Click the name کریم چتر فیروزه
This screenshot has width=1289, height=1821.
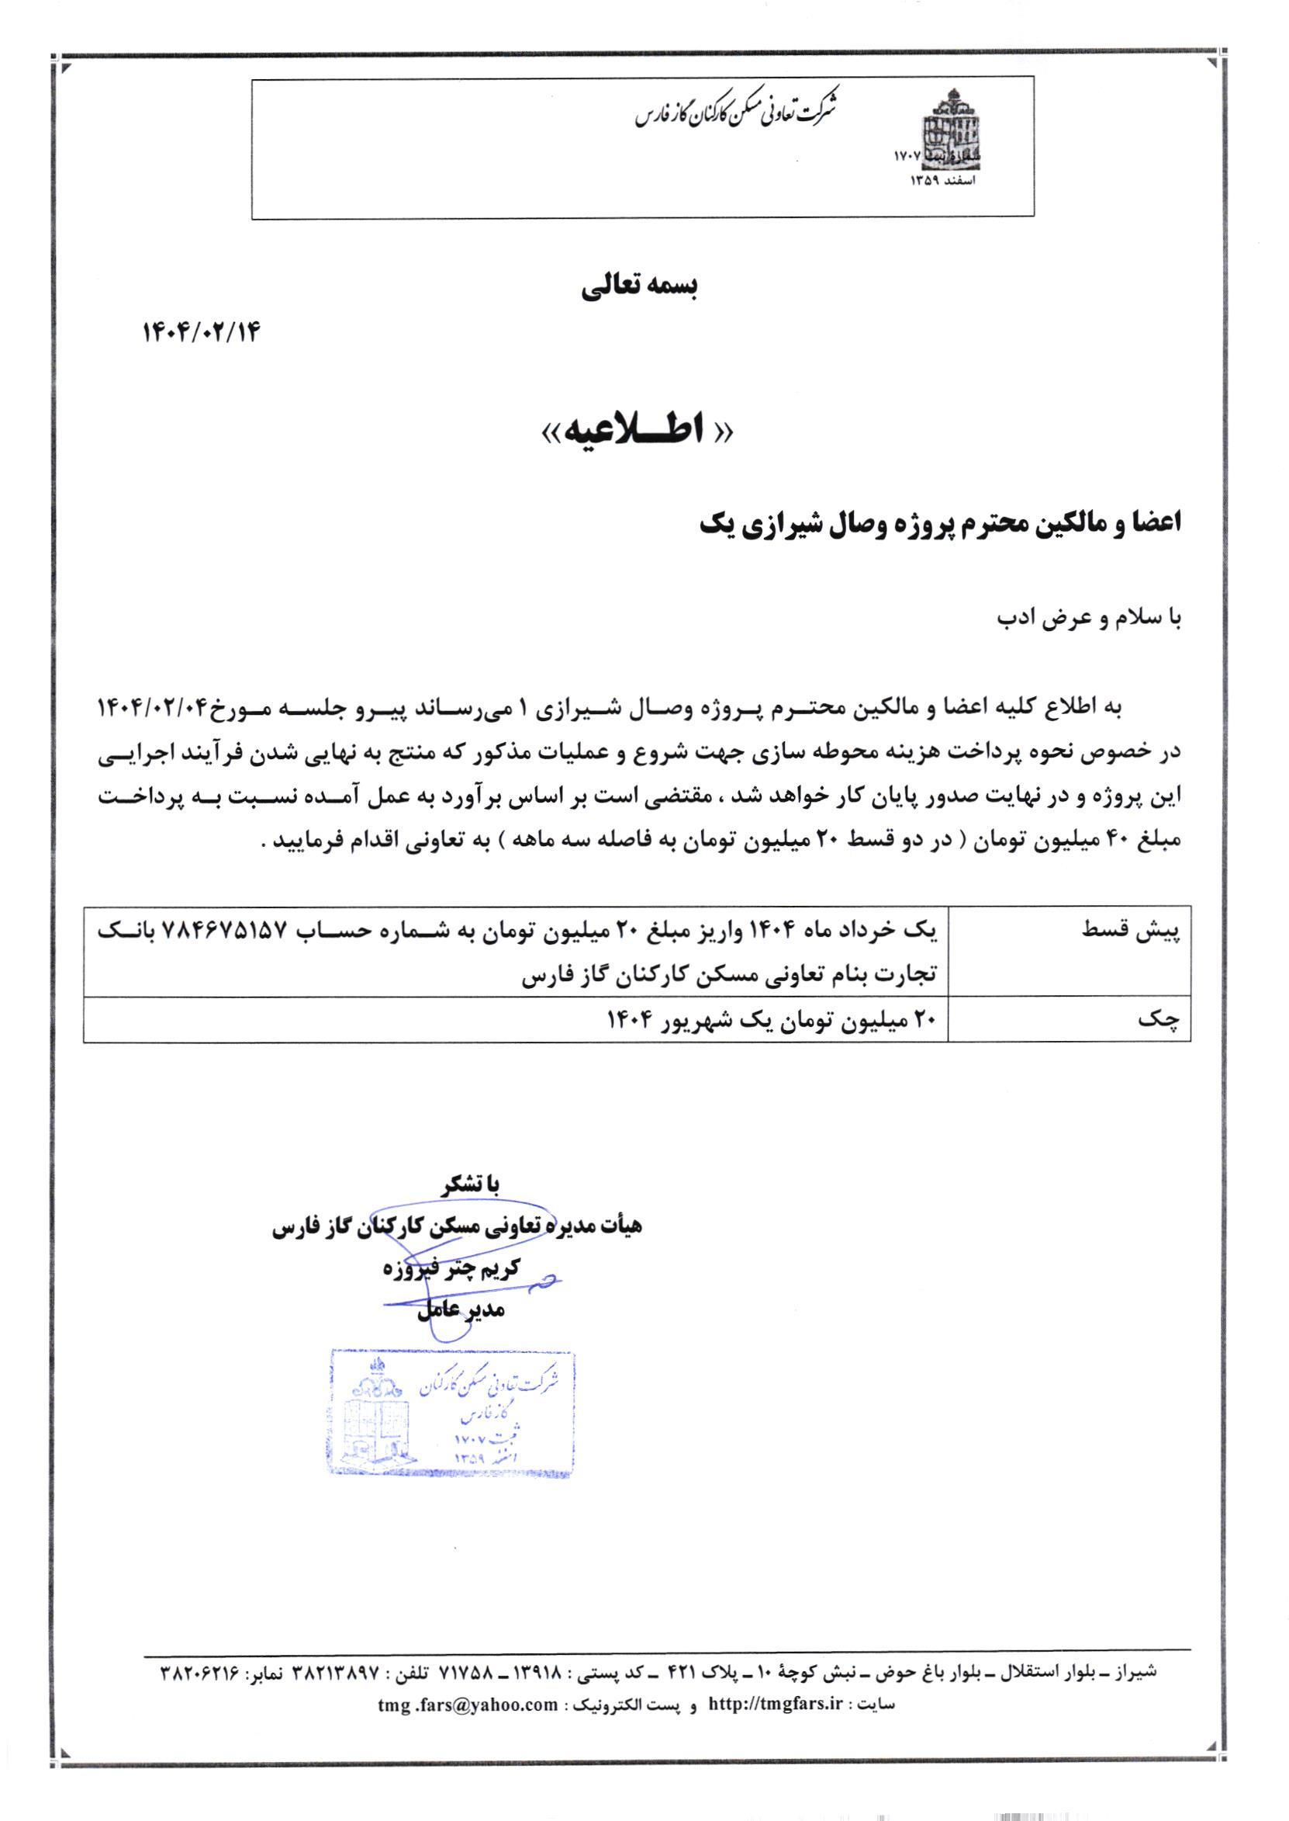click(450, 1268)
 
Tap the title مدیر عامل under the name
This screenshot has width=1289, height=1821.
click(461, 1310)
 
